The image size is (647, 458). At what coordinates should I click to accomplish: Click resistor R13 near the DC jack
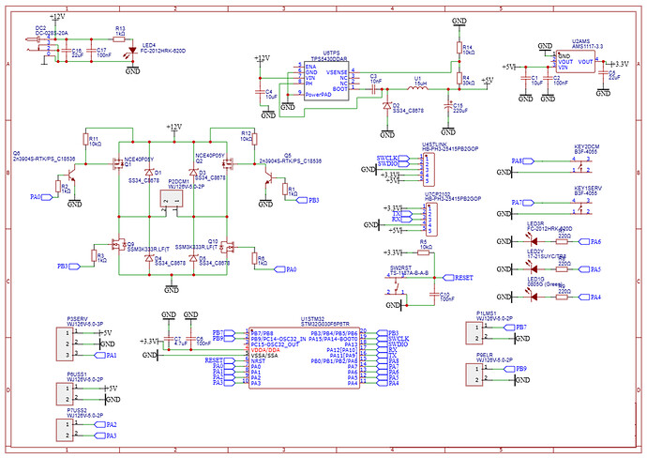pyautogui.click(x=119, y=38)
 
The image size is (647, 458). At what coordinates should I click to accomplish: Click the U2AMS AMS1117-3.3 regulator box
pyautogui.click(x=573, y=66)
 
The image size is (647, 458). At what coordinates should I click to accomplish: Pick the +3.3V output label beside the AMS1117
pyautogui.click(x=620, y=64)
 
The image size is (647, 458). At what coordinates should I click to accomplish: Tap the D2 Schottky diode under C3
pyautogui.click(x=387, y=107)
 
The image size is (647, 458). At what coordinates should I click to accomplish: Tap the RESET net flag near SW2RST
pyautogui.click(x=462, y=279)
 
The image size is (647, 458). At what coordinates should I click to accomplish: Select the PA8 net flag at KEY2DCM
pyautogui.click(x=518, y=161)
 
